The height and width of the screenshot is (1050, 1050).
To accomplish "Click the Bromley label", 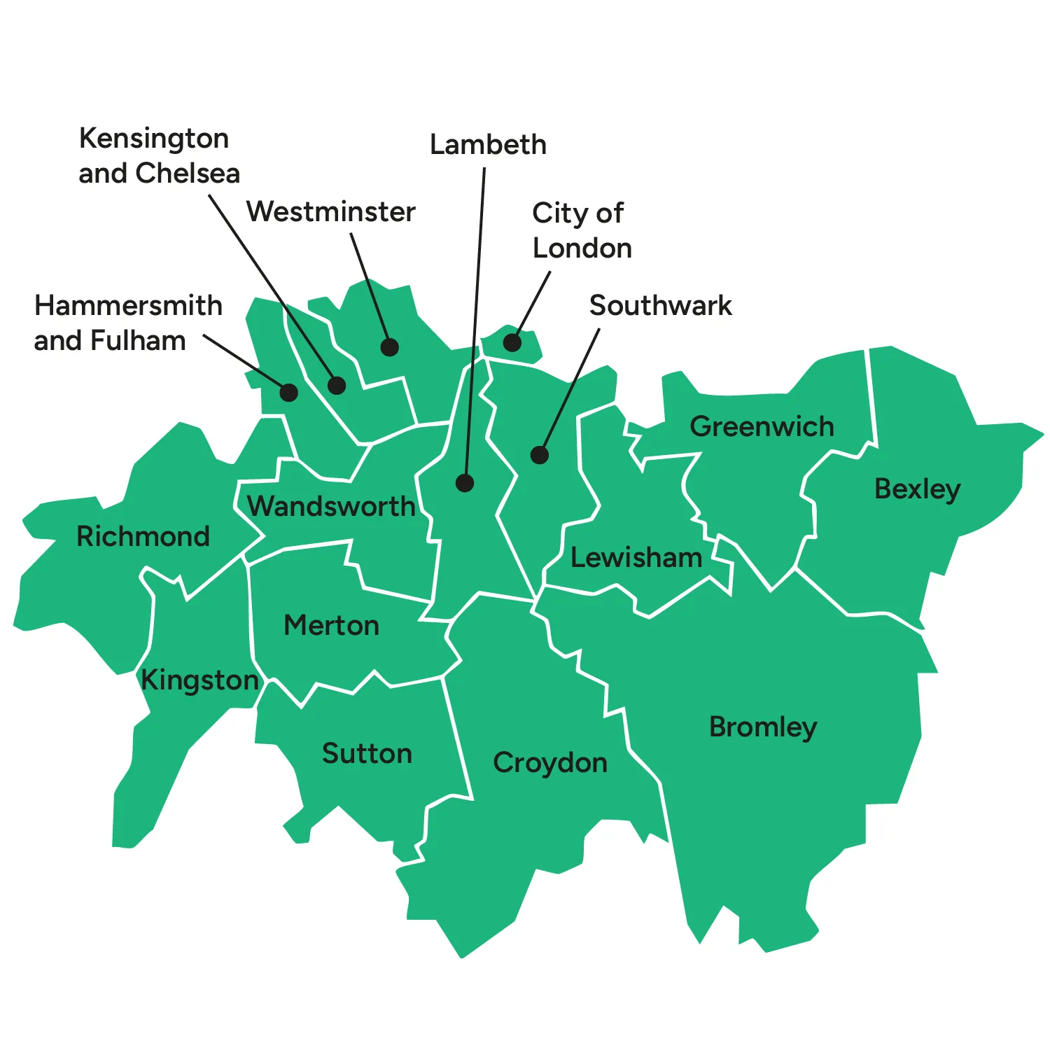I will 763,727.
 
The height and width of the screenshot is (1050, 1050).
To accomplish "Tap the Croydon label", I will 550,763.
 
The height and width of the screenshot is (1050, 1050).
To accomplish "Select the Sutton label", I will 367,754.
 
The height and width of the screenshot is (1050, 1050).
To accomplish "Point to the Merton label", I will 331,625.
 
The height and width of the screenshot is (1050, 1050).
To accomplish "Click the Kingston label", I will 199,680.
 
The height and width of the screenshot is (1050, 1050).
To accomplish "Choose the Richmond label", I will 143,536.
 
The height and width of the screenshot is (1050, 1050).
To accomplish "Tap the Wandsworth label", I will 331,506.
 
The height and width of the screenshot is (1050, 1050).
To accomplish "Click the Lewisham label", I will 636,558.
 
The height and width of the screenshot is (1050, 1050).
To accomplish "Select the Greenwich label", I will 762,426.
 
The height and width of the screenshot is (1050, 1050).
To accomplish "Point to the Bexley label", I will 917,489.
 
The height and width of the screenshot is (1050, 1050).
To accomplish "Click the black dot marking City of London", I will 512,342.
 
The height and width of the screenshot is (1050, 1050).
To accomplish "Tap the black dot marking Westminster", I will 390,347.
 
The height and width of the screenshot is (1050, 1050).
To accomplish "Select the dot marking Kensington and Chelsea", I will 337,386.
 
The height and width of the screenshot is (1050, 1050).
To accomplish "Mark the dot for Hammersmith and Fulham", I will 288,392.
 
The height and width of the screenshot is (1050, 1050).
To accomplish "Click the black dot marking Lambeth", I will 465,483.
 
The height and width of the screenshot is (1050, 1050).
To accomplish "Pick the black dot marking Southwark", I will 539,455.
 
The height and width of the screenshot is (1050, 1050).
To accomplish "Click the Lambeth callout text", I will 488,145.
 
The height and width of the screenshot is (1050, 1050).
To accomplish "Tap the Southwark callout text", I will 660,305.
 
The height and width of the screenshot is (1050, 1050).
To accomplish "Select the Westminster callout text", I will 330,211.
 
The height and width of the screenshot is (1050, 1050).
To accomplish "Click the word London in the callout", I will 582,248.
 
